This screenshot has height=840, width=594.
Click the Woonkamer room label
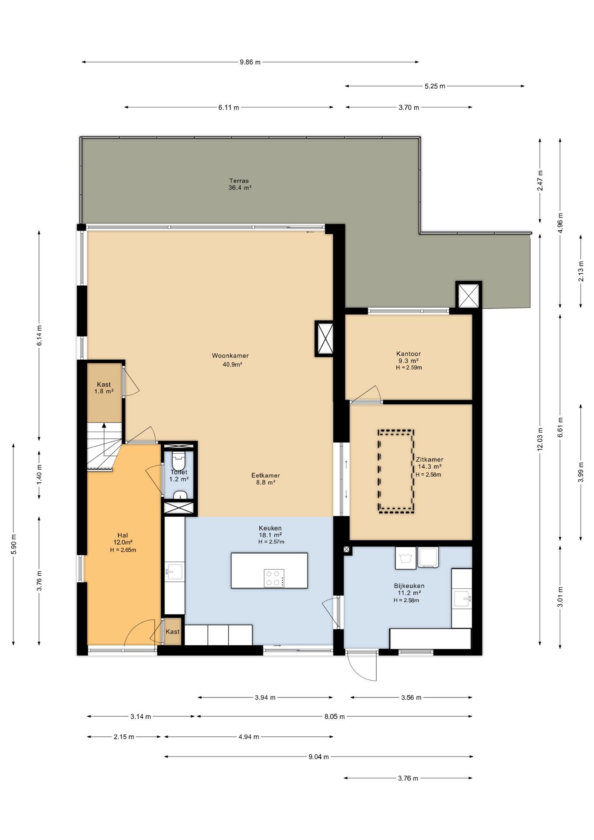[230, 356]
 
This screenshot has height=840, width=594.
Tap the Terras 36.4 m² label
[240, 184]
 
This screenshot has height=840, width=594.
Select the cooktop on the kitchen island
[274, 578]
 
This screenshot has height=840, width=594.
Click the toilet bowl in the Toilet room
[178, 461]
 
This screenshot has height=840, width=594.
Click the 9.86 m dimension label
[250, 62]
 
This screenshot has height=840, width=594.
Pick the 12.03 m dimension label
[540, 439]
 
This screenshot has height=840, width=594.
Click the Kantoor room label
[409, 353]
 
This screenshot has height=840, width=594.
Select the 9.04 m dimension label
[318, 757]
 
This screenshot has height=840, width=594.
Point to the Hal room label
[123, 535]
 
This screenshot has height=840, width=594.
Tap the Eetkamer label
[266, 476]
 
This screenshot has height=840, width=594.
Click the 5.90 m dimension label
[14, 544]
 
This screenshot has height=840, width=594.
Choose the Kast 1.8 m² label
[104, 388]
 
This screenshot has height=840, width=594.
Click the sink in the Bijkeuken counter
[462, 598]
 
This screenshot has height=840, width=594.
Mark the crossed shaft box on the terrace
[468, 295]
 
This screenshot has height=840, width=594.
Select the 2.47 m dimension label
[540, 180]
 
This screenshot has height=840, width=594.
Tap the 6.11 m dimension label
[229, 107]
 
